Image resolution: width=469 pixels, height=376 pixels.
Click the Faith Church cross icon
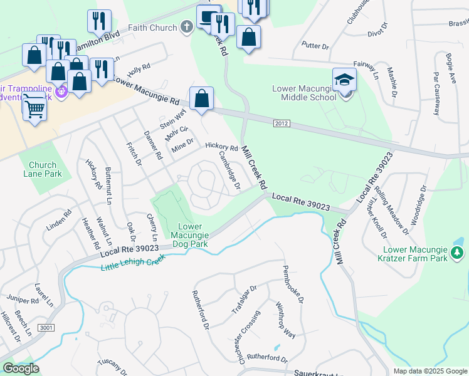pos(186,28)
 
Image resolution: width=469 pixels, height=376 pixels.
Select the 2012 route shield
pos(282,123)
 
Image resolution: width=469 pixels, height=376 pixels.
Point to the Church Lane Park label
pos(43,169)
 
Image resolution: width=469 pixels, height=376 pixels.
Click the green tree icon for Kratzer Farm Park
pos(458,253)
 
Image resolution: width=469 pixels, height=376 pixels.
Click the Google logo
pos(21,368)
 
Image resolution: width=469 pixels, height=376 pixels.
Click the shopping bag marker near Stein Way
pos(201,98)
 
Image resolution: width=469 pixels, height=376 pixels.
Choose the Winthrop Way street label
pos(286,320)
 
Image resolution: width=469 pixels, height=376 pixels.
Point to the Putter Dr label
pos(315,46)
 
